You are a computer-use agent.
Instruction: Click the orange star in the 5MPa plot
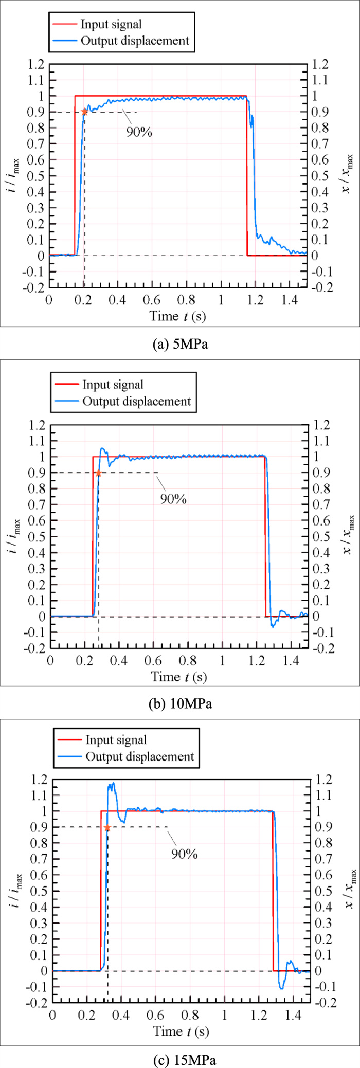(84, 112)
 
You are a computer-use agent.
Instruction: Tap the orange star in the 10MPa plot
(98, 473)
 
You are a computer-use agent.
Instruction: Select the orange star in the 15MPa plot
(107, 828)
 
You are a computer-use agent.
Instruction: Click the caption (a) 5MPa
(180, 344)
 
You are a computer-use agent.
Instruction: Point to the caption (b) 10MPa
(180, 704)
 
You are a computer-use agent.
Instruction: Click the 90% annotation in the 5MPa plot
(139, 132)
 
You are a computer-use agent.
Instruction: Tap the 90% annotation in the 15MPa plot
(185, 854)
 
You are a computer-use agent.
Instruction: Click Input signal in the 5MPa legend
(111, 24)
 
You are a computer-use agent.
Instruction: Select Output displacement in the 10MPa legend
(136, 401)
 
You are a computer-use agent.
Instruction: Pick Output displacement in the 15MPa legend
(140, 756)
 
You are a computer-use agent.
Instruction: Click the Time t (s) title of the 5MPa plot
(177, 316)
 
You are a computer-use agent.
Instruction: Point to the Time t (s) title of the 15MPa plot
(181, 1031)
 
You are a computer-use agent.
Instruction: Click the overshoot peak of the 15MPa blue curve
(113, 784)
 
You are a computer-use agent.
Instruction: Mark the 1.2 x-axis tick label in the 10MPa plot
(257, 660)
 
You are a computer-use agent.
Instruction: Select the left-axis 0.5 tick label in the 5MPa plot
(36, 176)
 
